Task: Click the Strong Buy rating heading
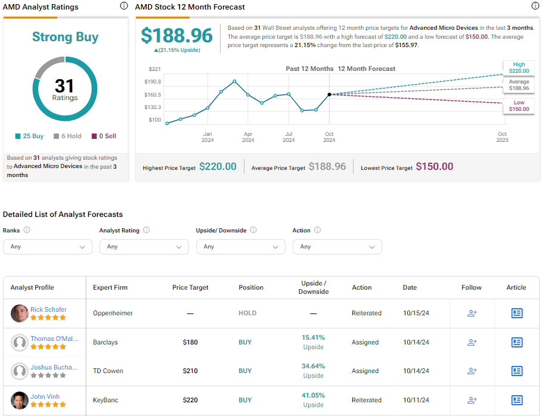[65, 37]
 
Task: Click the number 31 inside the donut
[64, 86]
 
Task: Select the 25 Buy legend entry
[29, 136]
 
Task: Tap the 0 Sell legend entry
[104, 136]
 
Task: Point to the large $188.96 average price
[176, 35]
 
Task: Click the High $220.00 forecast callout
[519, 67]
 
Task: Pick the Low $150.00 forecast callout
[519, 105]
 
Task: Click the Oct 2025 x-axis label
[502, 137]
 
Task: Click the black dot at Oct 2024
[329, 94]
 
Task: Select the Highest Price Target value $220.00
[218, 167]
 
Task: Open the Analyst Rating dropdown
[144, 247]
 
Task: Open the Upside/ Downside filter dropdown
[240, 247]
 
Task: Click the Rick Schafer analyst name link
[48, 309]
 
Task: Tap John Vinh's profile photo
[20, 400]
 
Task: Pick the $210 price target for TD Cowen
[190, 371]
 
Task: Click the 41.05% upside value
[313, 395]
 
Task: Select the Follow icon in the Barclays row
[472, 342]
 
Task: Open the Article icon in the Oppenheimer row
[516, 313]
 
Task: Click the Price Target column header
[190, 287]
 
